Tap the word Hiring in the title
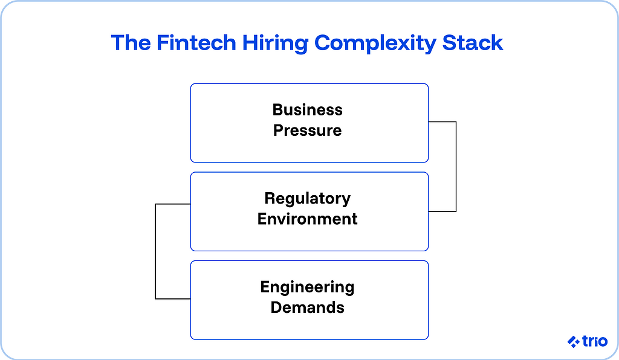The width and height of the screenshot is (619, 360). [x=267, y=43]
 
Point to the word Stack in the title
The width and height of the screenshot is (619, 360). [x=473, y=43]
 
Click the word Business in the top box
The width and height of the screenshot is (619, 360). [x=308, y=110]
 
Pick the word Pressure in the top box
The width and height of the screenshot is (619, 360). [x=308, y=130]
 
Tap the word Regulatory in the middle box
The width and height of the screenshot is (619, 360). [x=308, y=198]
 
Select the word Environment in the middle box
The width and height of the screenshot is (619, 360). [x=308, y=219]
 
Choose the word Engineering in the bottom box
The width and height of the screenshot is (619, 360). [x=308, y=286]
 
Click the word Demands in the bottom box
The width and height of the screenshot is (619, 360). [x=308, y=307]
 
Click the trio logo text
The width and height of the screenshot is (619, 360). [x=595, y=341]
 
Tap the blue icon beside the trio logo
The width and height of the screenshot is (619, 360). [x=574, y=342]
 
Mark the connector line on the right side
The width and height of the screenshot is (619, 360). [x=455, y=167]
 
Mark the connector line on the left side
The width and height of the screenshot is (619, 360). [x=156, y=251]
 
